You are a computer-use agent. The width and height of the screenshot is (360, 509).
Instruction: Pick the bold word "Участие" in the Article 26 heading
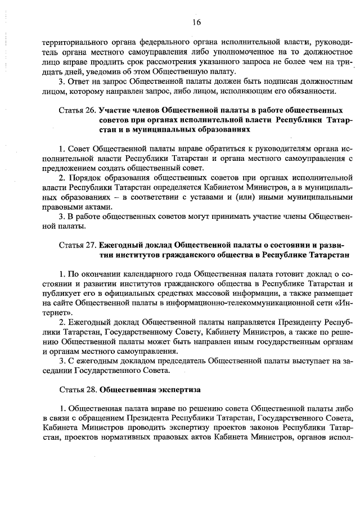click(115, 110)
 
